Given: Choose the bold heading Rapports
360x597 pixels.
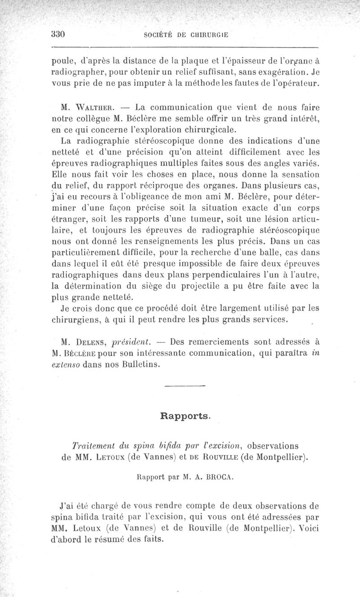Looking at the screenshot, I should [x=185, y=416].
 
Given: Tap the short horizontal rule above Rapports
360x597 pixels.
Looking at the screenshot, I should [x=185, y=386].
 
